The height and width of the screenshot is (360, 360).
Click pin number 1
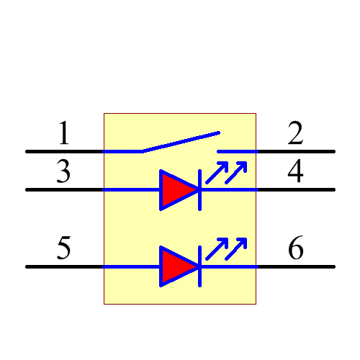click(x=64, y=134)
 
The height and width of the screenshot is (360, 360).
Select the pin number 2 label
click(x=295, y=134)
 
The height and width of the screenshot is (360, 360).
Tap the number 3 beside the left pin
click(x=64, y=173)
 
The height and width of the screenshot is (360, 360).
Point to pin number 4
click(x=295, y=173)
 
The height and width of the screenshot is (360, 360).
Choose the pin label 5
click(x=64, y=249)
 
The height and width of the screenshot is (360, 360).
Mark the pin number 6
click(x=295, y=249)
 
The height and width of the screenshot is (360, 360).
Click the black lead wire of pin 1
click(x=65, y=152)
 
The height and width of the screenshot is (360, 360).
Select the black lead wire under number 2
click(x=296, y=152)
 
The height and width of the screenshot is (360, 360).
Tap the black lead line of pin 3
click(x=65, y=190)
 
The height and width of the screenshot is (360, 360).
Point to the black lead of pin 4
click(x=296, y=190)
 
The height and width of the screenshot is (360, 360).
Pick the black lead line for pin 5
click(x=65, y=266)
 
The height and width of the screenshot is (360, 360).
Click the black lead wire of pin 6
click(x=296, y=266)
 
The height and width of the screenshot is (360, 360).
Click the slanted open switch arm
click(x=180, y=142)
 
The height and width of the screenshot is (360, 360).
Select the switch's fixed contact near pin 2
click(x=236, y=152)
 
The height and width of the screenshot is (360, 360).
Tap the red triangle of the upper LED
click(x=175, y=190)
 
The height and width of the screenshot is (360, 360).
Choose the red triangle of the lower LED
click(x=175, y=266)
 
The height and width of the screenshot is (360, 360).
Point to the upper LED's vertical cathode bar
click(x=199, y=190)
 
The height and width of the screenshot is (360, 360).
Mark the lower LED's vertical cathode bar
click(x=199, y=266)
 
